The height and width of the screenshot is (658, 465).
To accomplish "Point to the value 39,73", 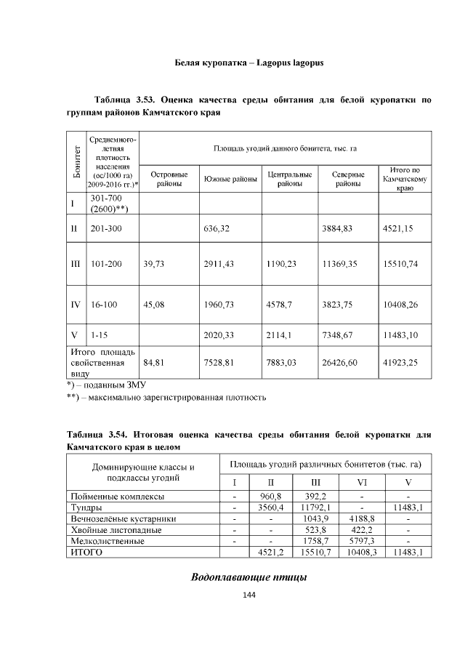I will pos(155,264).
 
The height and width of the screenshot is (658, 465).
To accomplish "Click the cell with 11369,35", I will pos(339,264).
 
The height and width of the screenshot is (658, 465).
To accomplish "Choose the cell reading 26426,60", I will pos(339,361).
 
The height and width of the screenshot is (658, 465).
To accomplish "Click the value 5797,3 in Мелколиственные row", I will pos(361,541).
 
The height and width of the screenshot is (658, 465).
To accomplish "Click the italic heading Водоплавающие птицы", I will pos(248,577).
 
